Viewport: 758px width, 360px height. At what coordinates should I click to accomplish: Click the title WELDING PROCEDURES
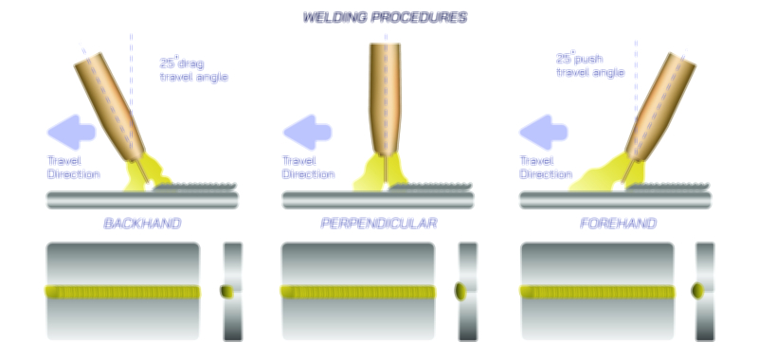(385, 17)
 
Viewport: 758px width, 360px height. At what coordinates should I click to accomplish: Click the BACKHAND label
(142, 224)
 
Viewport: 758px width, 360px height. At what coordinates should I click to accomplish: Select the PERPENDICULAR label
(379, 224)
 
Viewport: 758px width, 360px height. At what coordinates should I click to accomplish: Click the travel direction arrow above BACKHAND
(69, 129)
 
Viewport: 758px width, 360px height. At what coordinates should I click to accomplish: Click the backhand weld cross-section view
(232, 291)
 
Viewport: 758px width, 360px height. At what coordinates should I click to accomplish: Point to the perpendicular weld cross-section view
(467, 291)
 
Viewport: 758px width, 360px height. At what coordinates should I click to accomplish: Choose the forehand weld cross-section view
(705, 291)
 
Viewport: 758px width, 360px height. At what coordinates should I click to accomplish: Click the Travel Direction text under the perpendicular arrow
(309, 167)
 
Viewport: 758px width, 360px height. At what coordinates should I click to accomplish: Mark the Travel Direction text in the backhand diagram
(72, 167)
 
